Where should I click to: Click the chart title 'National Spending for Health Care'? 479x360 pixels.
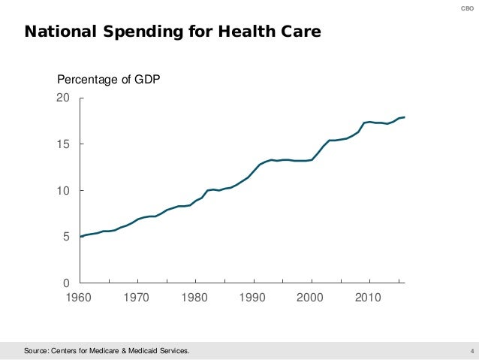(x=173, y=32)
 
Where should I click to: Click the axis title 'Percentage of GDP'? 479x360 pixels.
(x=110, y=80)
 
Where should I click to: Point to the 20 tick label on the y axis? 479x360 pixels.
(x=64, y=98)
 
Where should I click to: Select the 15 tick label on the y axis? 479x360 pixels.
(x=64, y=144)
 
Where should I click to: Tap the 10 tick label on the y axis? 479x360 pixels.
(x=64, y=191)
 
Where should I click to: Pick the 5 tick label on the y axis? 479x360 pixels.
(x=67, y=237)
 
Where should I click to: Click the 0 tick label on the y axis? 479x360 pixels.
(x=67, y=283)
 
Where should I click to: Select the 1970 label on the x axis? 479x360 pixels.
(x=137, y=298)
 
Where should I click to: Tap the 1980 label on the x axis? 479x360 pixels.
(x=194, y=298)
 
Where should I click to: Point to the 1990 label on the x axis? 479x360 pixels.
(x=252, y=298)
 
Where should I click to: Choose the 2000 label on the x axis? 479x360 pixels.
(x=309, y=298)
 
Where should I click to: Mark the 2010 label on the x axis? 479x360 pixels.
(x=367, y=298)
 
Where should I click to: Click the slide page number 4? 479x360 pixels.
(x=470, y=350)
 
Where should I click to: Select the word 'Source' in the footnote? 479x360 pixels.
(x=37, y=350)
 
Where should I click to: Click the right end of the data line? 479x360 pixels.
(x=405, y=117)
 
